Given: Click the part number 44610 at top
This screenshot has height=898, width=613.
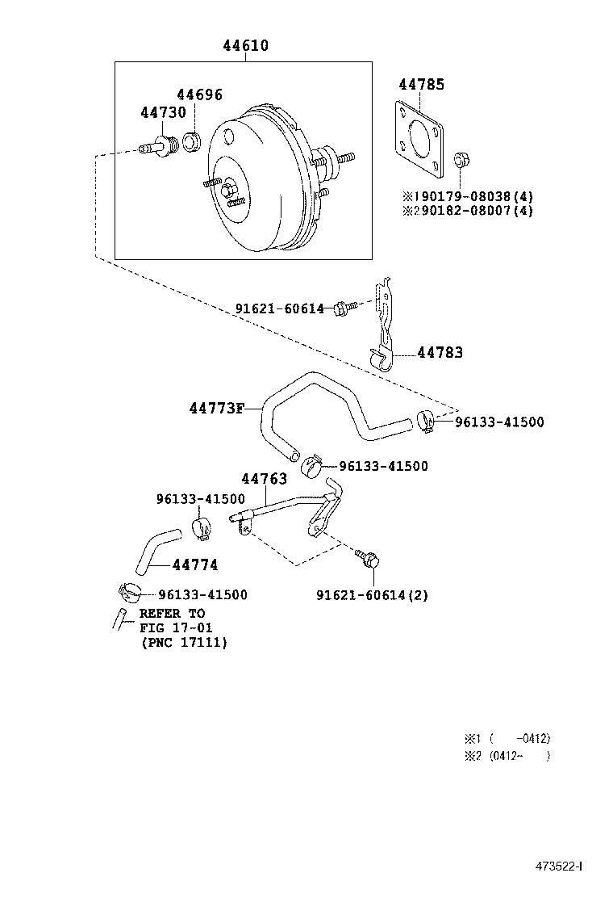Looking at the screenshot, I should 245,47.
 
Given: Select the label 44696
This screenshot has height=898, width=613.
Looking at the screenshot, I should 199,95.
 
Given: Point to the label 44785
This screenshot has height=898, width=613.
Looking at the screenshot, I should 421,84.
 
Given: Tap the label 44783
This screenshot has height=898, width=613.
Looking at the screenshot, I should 440,353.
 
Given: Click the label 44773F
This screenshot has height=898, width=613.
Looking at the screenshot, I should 216,409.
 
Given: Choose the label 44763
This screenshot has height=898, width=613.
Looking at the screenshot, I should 264,479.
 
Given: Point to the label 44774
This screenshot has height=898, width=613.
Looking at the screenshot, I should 194,565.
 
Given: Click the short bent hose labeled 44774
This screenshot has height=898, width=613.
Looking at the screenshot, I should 153,548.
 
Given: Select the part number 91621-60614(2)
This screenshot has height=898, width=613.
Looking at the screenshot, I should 372,595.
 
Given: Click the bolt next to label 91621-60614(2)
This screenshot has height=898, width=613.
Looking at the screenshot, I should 368,559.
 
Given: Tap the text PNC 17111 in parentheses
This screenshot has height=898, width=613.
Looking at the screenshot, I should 184,643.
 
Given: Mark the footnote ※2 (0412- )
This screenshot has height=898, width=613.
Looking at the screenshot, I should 507,756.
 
